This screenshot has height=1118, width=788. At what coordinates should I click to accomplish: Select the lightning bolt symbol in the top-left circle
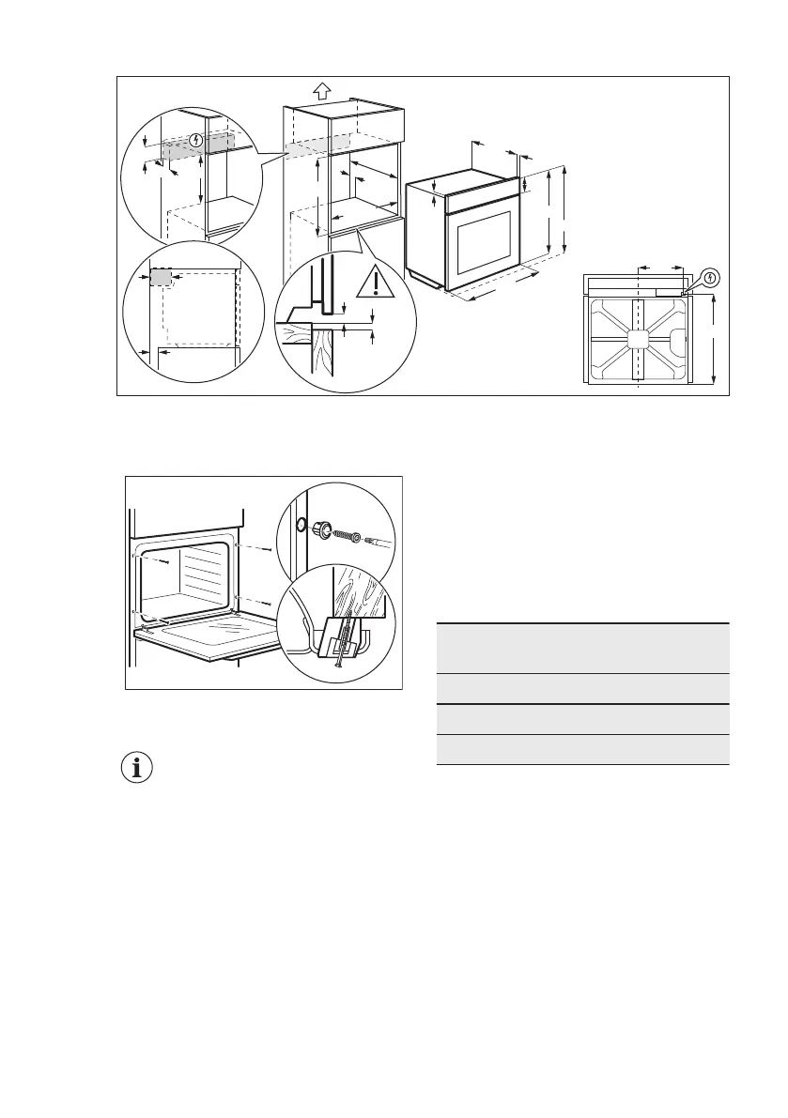click(x=195, y=141)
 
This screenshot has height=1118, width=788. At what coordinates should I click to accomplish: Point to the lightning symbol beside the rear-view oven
click(x=711, y=277)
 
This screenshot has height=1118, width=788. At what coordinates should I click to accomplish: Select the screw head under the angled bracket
click(x=334, y=661)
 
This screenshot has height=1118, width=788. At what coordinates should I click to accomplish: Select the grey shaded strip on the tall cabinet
click(x=317, y=147)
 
